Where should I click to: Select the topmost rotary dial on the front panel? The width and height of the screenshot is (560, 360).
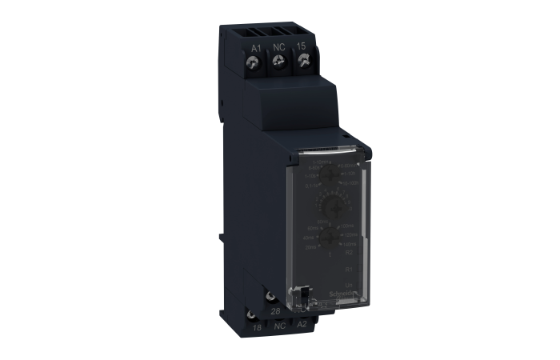point(326,177)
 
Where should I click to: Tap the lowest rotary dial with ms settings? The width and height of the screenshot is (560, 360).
point(328,237)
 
